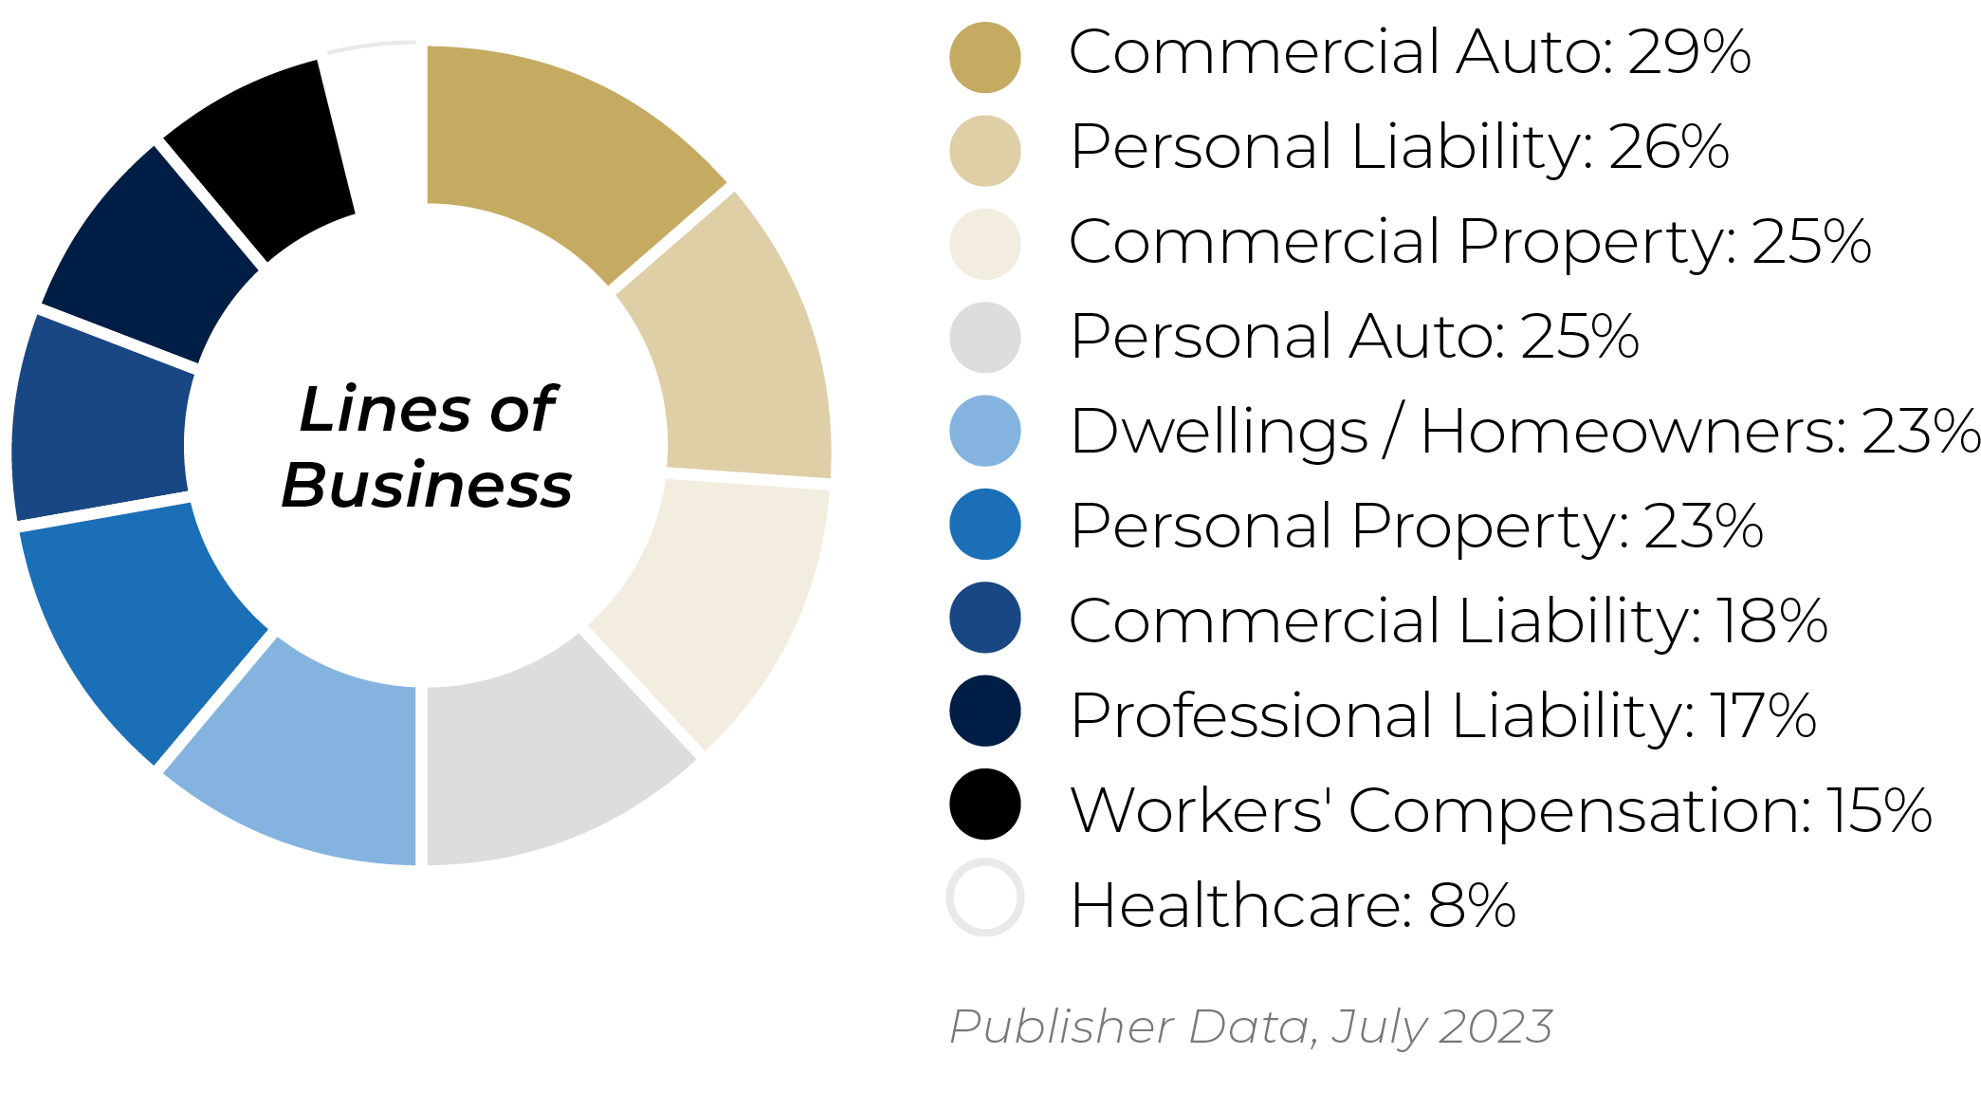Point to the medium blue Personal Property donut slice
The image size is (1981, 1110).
133,626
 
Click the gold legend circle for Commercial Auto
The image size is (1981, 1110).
984,57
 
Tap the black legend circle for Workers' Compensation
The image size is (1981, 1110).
984,805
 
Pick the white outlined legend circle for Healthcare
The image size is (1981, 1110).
984,897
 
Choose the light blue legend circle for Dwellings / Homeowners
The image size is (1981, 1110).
984,431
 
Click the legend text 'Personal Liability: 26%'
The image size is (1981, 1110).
1399,148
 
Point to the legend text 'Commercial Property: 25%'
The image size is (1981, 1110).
1470,242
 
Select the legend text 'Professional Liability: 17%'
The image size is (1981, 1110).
1442,715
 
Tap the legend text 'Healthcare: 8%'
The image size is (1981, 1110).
1293,905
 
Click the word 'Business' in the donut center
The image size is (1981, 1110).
427,486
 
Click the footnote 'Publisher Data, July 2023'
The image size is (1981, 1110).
1251,1027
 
